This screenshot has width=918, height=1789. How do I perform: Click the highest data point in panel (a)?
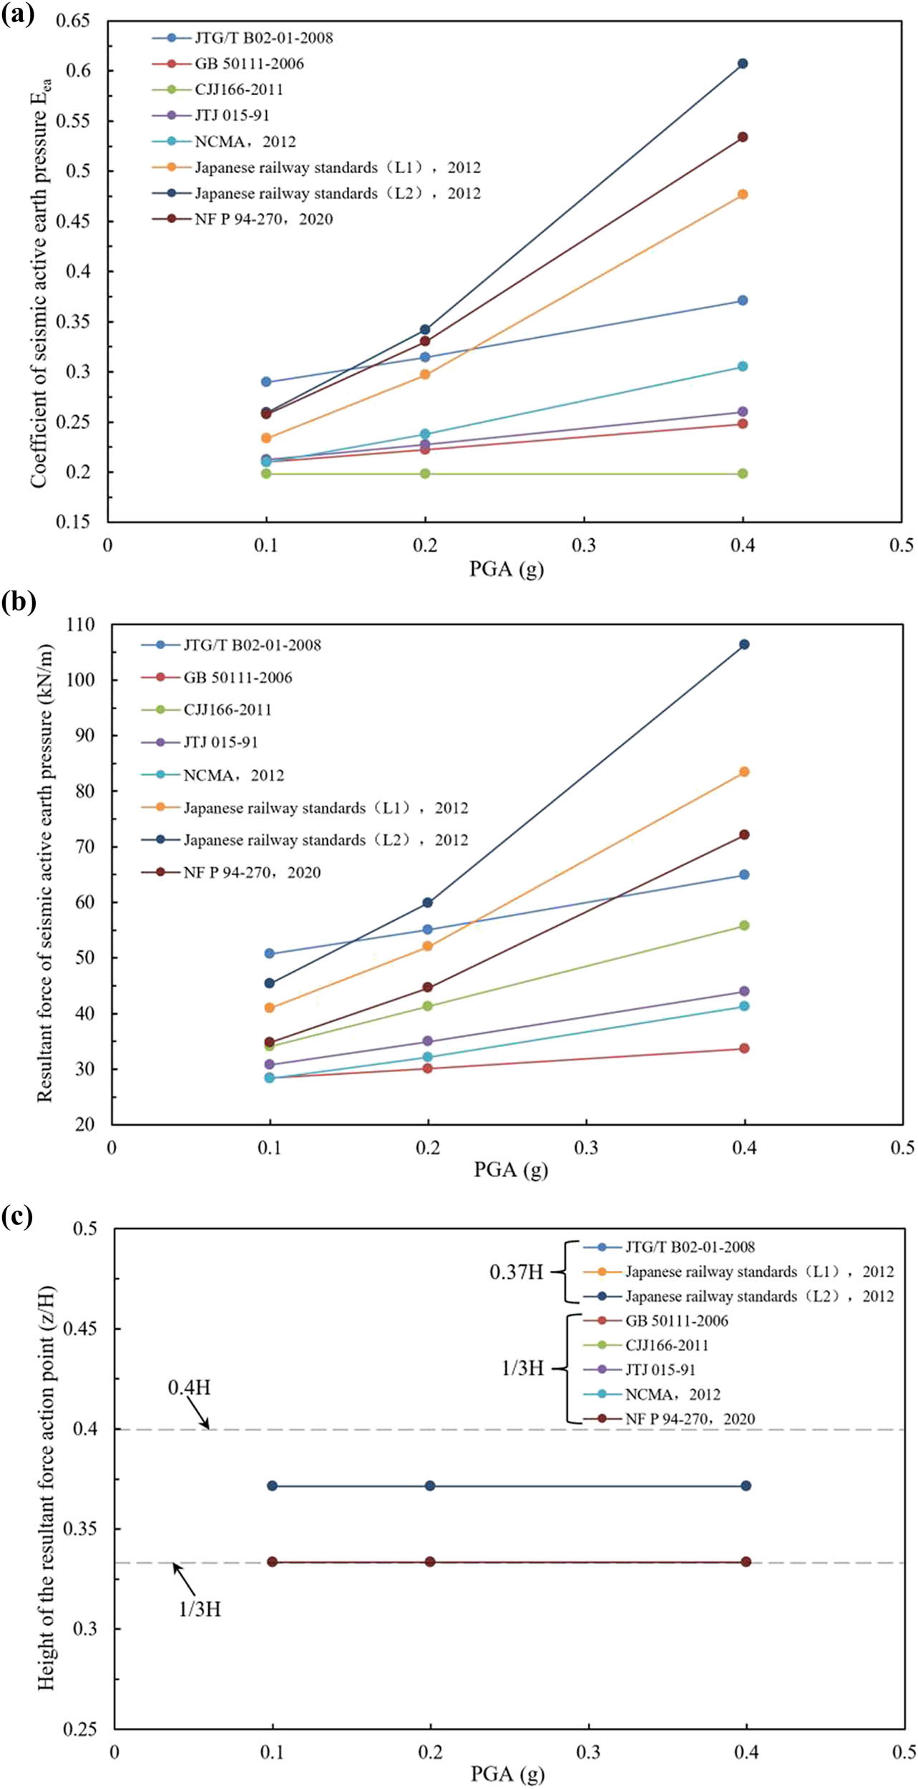[743, 64]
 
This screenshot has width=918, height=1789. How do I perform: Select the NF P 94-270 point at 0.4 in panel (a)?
[743, 137]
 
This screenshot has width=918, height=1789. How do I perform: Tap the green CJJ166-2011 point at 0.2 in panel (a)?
[425, 473]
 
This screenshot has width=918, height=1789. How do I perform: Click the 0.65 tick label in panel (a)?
[74, 20]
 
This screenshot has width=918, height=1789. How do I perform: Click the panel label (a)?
[17, 14]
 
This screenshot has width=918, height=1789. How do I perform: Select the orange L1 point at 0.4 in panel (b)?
[744, 771]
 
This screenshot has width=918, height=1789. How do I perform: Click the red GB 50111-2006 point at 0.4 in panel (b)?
[744, 1048]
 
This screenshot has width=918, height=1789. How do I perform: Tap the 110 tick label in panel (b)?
[81, 624]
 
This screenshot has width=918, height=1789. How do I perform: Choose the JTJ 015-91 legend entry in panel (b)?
[220, 742]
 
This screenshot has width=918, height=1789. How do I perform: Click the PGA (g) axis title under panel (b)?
[510, 1170]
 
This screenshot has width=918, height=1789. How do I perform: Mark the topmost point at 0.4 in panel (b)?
[744, 644]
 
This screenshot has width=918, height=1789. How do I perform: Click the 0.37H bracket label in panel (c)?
[516, 1272]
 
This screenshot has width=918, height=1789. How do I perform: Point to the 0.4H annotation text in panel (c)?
[189, 1387]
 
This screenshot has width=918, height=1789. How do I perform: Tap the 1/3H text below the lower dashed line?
[200, 1609]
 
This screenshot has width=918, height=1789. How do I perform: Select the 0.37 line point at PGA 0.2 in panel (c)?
[430, 1486]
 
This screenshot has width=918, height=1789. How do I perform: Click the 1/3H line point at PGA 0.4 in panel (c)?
[746, 1561]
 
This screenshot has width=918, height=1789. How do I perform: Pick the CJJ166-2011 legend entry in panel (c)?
[666, 1345]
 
